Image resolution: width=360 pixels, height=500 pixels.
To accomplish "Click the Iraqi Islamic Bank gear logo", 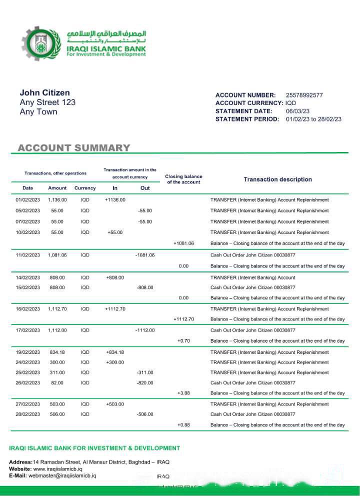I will [x=41, y=44].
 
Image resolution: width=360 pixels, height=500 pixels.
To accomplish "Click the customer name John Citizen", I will [x=44, y=92].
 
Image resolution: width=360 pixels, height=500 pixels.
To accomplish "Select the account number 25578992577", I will [x=304, y=95].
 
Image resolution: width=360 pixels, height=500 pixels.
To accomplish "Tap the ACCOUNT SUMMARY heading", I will [x=74, y=148].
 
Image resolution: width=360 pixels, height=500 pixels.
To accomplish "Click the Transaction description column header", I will [x=277, y=179].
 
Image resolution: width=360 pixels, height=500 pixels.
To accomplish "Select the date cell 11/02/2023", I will [x=27, y=255].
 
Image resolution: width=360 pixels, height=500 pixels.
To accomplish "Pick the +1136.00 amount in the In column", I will [x=115, y=200].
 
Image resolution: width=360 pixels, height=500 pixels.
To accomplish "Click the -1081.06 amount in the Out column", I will [x=145, y=255].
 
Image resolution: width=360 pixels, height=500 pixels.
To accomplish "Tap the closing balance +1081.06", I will [x=183, y=243].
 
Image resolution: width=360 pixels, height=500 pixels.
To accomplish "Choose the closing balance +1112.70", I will [x=183, y=319].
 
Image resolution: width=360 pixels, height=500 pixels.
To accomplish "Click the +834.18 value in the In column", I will [x=115, y=352].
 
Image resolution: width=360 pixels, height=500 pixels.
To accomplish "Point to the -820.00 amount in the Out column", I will [x=145, y=383].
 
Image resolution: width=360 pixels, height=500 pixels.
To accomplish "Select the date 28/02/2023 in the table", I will [x=27, y=414].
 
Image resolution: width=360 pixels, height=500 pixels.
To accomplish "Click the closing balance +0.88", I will [x=183, y=425].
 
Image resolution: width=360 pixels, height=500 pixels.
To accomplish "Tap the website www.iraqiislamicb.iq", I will [x=57, y=469].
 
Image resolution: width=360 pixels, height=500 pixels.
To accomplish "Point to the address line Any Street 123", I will [x=47, y=102].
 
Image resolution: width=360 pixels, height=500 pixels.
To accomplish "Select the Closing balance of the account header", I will [x=183, y=179].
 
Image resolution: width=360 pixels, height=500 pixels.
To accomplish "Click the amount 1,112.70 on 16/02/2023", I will [x=57, y=309].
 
